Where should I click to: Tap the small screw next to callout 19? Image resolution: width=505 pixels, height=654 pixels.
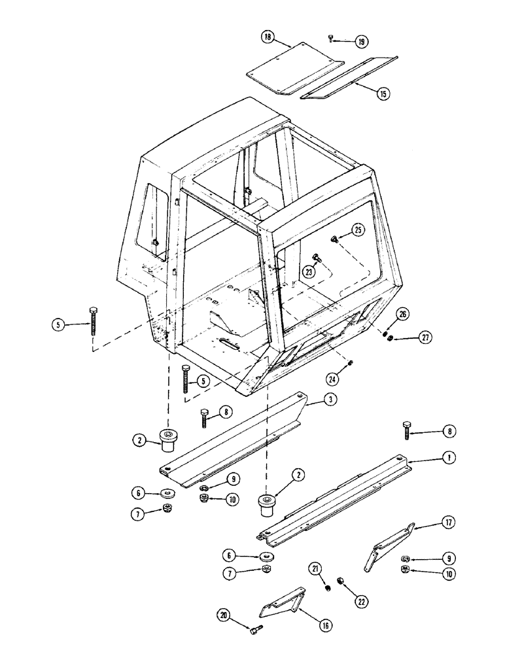point(332,40)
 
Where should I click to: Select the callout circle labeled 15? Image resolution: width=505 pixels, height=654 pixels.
point(383,94)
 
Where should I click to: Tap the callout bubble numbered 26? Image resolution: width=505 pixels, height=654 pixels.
point(403,315)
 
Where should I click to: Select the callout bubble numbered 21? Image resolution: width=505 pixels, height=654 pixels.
point(315,570)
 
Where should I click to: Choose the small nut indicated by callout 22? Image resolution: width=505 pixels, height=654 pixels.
point(341,579)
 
